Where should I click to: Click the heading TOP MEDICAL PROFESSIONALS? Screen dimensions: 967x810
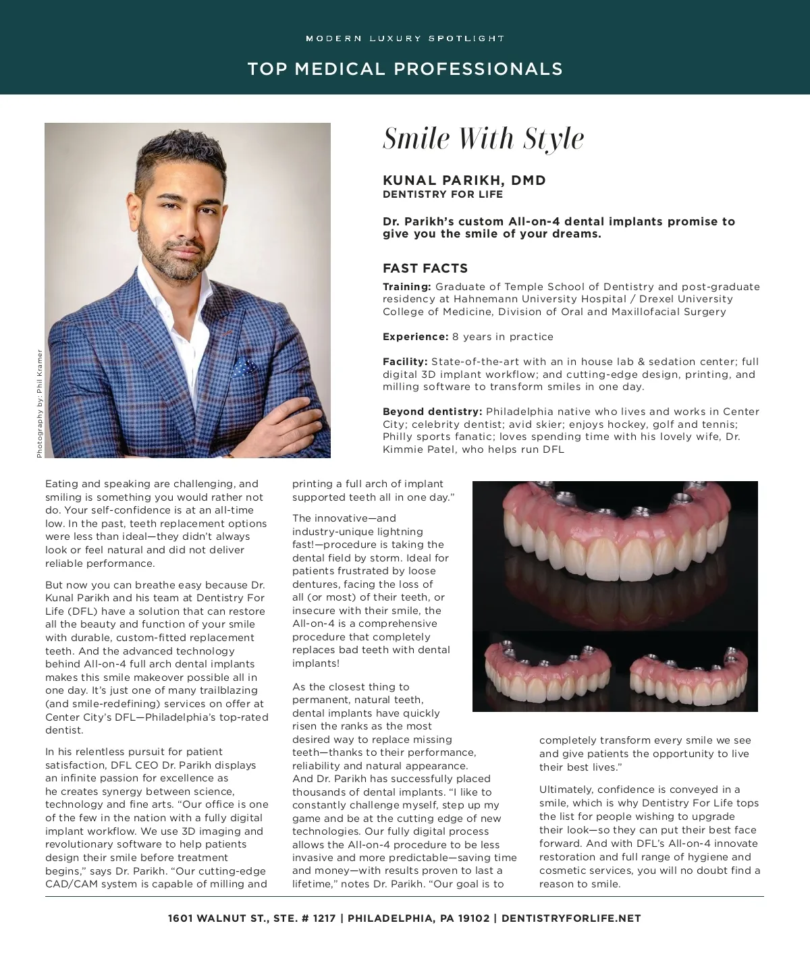405,69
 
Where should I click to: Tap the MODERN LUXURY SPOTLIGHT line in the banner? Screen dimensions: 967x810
405,38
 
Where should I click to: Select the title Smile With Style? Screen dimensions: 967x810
483,139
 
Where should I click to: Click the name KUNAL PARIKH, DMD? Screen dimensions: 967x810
464,180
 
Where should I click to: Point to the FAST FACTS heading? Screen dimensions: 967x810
425,268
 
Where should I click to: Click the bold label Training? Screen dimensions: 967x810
407,287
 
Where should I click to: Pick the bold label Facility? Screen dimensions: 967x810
405,362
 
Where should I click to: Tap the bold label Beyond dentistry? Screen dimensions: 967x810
433,412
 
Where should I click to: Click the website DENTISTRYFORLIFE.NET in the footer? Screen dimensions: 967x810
571,918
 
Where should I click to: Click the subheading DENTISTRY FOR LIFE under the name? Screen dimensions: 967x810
443,194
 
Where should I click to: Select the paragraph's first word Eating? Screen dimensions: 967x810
61,484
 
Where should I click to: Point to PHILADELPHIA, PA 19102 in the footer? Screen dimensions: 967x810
418,918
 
